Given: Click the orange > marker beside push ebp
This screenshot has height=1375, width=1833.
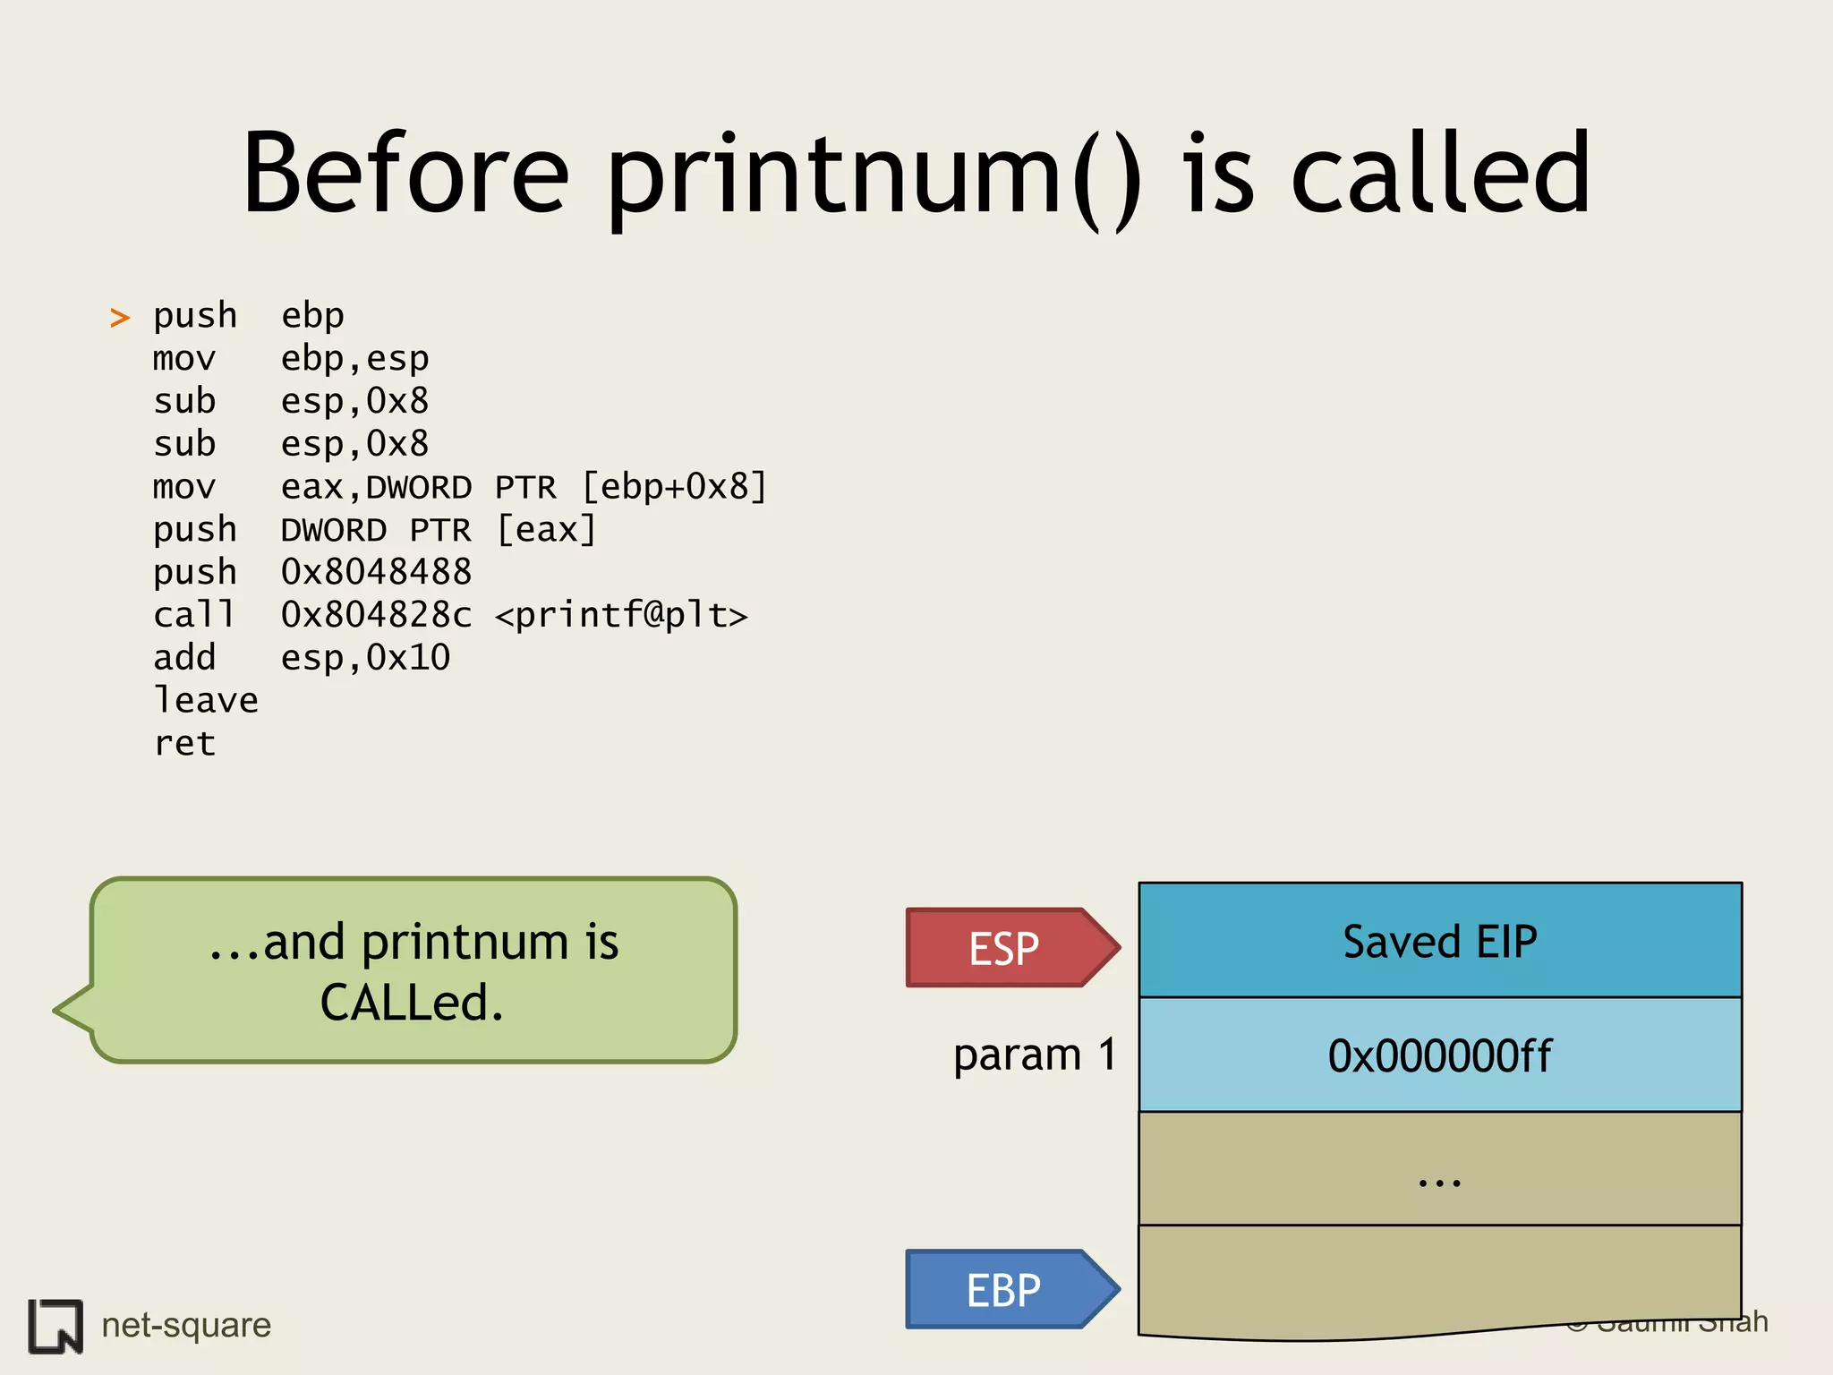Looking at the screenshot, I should click(x=120, y=317).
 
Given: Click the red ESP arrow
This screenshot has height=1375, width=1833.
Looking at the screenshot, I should click(x=1007, y=948).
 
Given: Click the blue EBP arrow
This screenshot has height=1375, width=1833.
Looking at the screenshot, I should click(x=1007, y=1290).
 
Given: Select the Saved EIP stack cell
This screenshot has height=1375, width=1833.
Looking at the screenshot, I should click(x=1439, y=941).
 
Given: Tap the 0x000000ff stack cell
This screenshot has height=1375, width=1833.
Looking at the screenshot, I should click(x=1439, y=1055).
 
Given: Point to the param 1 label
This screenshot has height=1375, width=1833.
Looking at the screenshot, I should click(x=1035, y=1054).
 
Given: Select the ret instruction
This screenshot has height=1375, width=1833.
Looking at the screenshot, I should click(x=184, y=743).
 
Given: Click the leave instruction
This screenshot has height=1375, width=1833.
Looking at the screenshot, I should click(x=206, y=700).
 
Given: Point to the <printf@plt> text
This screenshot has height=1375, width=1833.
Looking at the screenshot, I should click(x=621, y=615).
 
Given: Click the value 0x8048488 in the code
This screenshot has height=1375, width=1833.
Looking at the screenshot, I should click(x=376, y=572).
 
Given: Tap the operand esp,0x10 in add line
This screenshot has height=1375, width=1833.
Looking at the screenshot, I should click(x=365, y=658).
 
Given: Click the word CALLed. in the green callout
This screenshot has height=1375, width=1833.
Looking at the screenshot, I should click(x=412, y=1003).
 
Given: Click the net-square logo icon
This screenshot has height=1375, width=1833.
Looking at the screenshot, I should click(x=55, y=1326).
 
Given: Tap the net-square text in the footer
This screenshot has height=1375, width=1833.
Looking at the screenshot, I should click(x=186, y=1325).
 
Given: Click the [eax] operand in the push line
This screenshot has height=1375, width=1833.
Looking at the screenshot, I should click(x=546, y=530).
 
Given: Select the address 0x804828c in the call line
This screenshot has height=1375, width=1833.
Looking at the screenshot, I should click(x=376, y=615).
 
